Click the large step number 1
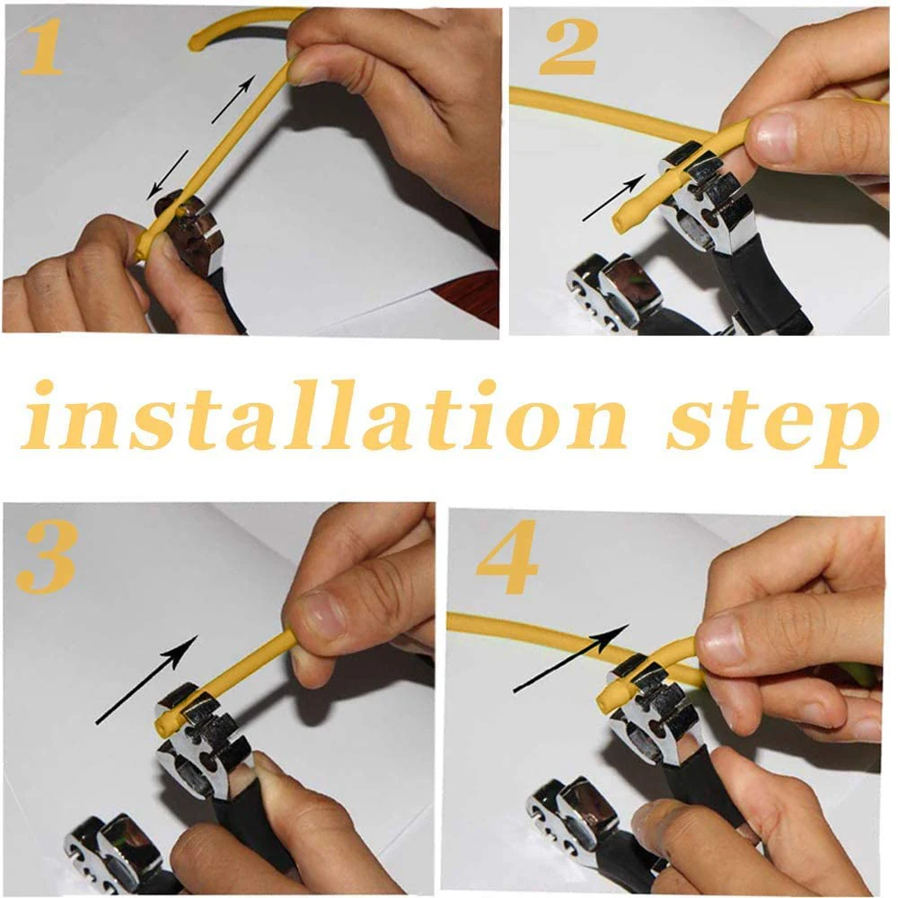point(42,47)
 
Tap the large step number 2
point(568,48)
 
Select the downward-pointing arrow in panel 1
point(167,175)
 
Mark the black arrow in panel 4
point(571,658)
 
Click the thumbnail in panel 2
point(776,136)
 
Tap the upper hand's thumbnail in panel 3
point(321,616)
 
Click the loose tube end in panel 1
point(195,41)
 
